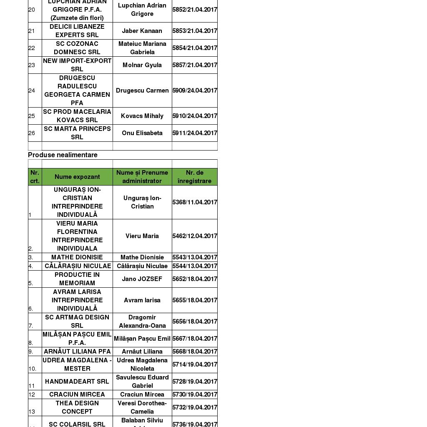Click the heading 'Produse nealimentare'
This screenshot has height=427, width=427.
pyautogui.click(x=63, y=155)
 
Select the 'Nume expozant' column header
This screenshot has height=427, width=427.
pyautogui.click(x=77, y=177)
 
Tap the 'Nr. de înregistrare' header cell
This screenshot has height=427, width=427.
pyautogui.click(x=194, y=177)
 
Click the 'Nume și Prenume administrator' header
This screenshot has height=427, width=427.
pyautogui.click(x=142, y=177)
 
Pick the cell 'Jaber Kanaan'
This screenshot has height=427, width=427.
pyautogui.click(x=142, y=31)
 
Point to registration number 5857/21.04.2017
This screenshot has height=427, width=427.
pyautogui.click(x=195, y=65)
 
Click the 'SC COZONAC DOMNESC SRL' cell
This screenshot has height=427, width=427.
pyautogui.click(x=77, y=48)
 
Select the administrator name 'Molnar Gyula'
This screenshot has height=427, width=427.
pyautogui.click(x=142, y=65)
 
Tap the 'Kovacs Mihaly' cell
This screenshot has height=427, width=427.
pyautogui.click(x=142, y=116)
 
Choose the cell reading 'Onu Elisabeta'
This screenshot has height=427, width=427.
pyautogui.click(x=142, y=133)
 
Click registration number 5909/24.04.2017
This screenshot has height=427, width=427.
pyautogui.click(x=195, y=90)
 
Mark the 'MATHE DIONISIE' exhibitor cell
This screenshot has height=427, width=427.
pyautogui.click(x=77, y=257)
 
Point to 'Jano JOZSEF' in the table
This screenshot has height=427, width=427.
pyautogui.click(x=142, y=279)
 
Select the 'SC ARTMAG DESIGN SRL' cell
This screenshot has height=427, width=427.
pyautogui.click(x=77, y=322)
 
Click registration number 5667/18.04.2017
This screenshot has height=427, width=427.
pyautogui.click(x=195, y=339)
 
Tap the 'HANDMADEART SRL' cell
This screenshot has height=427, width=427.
pyautogui.click(x=77, y=382)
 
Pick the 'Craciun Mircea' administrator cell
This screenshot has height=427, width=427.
pyautogui.click(x=142, y=394)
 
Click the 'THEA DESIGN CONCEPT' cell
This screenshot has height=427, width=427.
pyautogui.click(x=77, y=407)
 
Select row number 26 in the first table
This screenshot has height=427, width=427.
pyautogui.click(x=32, y=133)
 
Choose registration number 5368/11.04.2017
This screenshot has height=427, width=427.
pyautogui.click(x=195, y=202)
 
